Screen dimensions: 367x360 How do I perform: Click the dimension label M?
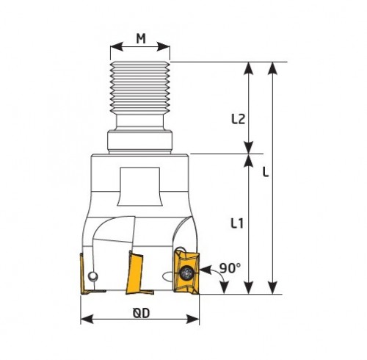tap(141, 38)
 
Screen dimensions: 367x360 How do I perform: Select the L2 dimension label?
tap(238, 119)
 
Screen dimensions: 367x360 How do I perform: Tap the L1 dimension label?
tap(237, 223)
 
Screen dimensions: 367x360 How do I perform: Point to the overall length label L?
tap(266, 172)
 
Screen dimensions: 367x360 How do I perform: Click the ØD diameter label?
tap(142, 313)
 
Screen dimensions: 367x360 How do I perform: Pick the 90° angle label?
tap(230, 267)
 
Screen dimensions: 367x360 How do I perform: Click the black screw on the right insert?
tap(186, 273)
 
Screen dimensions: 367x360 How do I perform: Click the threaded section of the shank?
tap(140, 85)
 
